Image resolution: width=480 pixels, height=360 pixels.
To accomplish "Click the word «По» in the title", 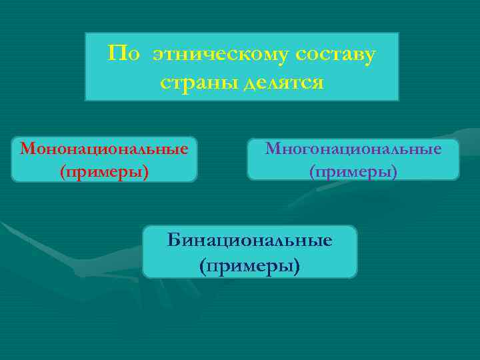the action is (x=124, y=53).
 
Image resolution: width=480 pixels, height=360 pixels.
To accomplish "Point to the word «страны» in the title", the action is (x=195, y=83).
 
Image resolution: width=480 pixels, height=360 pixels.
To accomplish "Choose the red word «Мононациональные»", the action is (x=104, y=147).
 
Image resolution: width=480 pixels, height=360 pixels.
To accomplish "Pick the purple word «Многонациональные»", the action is (x=353, y=148).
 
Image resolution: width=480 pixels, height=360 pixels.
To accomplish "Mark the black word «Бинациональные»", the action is (x=250, y=240).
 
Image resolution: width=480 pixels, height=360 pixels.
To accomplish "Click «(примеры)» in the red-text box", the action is (x=104, y=172).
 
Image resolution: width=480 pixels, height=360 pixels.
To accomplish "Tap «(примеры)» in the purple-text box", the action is (x=353, y=172).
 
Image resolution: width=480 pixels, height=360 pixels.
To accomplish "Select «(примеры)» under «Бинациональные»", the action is (x=250, y=265).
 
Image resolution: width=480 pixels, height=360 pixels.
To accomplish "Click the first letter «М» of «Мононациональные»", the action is (x=28, y=147).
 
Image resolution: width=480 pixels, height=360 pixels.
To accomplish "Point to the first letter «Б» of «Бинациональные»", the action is (x=173, y=240).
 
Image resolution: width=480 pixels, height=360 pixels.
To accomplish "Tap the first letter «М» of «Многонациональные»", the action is (x=273, y=148).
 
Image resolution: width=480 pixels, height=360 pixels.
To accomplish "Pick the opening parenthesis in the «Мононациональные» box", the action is (x=62, y=173).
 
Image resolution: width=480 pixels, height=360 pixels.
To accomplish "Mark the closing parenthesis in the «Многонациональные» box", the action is (x=395, y=173).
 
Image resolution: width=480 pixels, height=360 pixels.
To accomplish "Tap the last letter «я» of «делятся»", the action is (x=318, y=84).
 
